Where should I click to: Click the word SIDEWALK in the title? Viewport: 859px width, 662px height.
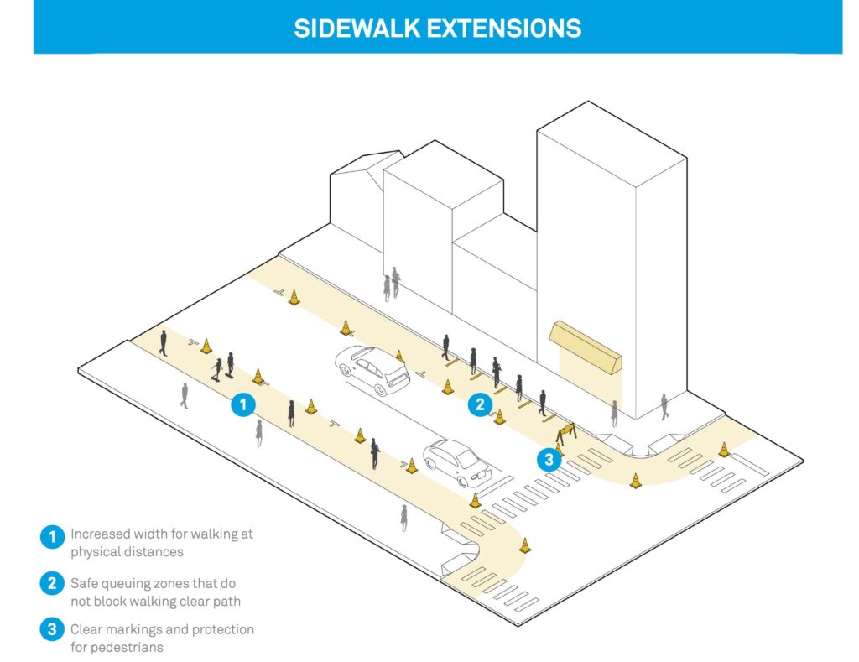357,29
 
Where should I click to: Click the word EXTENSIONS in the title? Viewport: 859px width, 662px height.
504,29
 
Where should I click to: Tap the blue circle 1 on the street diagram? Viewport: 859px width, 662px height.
243,405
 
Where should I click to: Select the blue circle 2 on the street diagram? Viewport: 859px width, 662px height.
481,404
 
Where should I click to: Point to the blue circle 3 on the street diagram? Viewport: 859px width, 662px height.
549,459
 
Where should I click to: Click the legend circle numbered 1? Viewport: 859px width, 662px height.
52,536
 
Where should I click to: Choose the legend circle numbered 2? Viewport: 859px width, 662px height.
52,583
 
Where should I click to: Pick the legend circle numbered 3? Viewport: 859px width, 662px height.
52,629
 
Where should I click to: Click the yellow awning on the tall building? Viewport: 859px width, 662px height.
586,347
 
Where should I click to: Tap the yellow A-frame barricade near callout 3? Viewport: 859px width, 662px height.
566,433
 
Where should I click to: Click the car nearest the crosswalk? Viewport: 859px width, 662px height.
457,462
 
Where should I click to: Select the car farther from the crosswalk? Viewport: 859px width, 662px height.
372,370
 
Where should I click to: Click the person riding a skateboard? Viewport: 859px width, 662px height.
217,369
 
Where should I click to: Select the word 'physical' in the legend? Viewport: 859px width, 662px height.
94,552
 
